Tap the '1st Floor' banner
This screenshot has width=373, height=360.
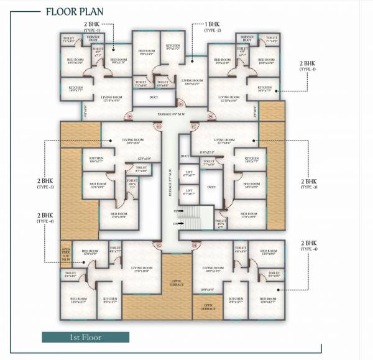[86, 337]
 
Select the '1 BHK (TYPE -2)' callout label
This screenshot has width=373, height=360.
[213, 27]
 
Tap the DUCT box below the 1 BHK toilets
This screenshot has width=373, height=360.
[153, 98]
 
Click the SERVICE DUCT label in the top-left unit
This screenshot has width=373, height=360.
[98, 39]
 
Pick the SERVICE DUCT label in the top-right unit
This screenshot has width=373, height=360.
[246, 39]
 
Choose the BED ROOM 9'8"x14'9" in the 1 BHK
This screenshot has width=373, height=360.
[147, 53]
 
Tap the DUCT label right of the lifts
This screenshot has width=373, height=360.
[211, 187]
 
